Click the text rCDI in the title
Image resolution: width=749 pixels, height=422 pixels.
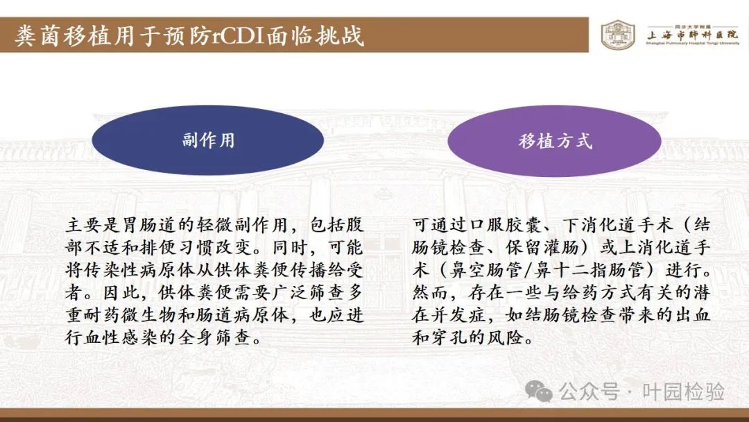(239, 36)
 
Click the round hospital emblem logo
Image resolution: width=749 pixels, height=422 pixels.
(618, 35)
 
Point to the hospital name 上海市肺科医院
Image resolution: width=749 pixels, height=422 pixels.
(692, 35)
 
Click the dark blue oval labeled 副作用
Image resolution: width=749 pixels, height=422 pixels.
(208, 140)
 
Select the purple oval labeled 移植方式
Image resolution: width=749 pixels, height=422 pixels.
(555, 140)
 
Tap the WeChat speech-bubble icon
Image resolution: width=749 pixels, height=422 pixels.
(538, 391)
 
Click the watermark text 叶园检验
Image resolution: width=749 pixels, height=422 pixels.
(683, 392)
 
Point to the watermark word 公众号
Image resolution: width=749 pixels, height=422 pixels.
(589, 392)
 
